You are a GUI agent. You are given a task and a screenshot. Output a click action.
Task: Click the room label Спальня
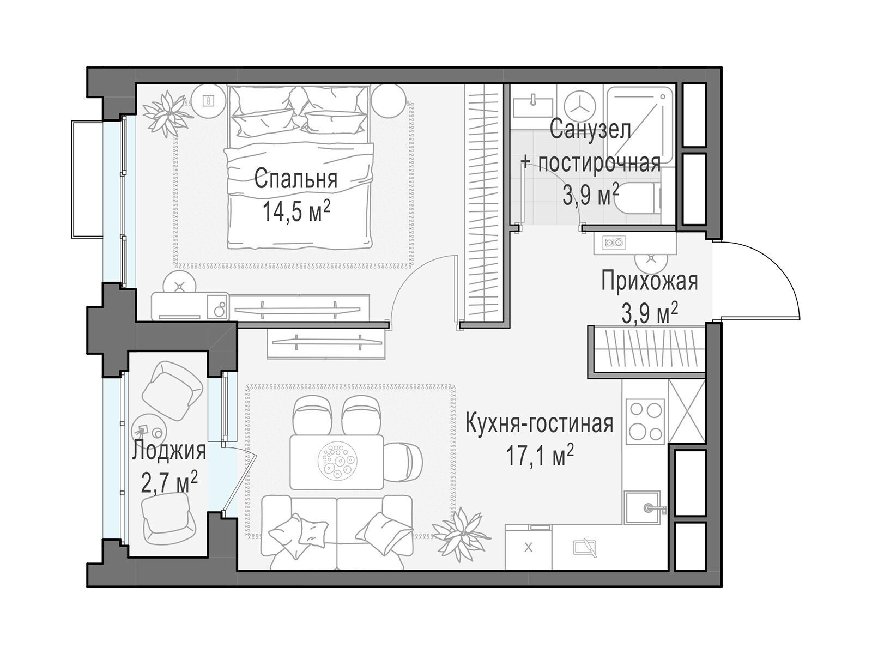pos(295,179)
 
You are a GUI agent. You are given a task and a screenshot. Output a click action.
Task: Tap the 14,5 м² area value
pos(296,212)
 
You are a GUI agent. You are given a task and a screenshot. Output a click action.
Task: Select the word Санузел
pos(590,130)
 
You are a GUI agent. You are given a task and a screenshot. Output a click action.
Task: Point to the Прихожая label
pos(649,281)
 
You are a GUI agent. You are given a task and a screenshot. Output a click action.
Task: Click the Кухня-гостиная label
pos(539,423)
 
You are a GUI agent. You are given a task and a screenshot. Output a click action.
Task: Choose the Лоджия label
pos(169,451)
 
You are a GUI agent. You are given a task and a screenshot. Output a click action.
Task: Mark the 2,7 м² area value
pos(169,483)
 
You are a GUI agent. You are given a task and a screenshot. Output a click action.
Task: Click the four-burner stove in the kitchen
pos(645,421)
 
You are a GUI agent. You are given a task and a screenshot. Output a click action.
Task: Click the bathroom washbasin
pos(532,108)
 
